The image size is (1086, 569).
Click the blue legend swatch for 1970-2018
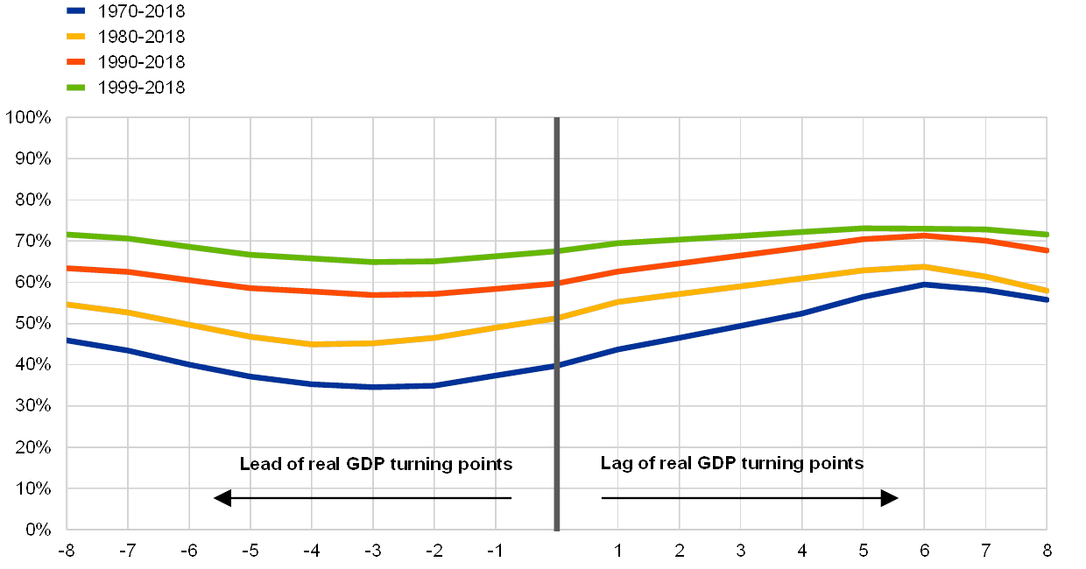click(x=76, y=11)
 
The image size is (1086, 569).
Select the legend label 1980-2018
click(x=141, y=37)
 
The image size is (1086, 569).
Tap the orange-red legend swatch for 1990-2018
click(x=76, y=62)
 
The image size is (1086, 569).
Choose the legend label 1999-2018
click(x=141, y=88)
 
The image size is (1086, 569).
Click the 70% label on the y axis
click(x=32, y=241)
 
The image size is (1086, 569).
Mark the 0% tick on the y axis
click(x=37, y=530)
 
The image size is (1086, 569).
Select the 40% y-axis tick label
click(x=32, y=364)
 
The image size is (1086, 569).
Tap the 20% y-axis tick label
click(x=32, y=447)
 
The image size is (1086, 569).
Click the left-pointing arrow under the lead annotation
click(x=222, y=499)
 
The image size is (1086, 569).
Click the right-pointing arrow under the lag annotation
click(x=890, y=498)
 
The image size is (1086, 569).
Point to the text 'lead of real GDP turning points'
click(x=381, y=464)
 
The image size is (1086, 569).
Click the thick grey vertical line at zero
click(x=557, y=411)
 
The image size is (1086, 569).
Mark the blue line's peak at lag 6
click(x=925, y=284)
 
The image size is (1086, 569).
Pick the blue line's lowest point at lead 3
click(x=374, y=387)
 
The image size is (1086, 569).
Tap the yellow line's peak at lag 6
click(x=925, y=266)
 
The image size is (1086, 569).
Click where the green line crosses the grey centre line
click(x=557, y=250)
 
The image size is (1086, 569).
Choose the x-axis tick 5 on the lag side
click(x=864, y=551)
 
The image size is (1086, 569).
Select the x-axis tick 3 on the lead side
click(x=375, y=551)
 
